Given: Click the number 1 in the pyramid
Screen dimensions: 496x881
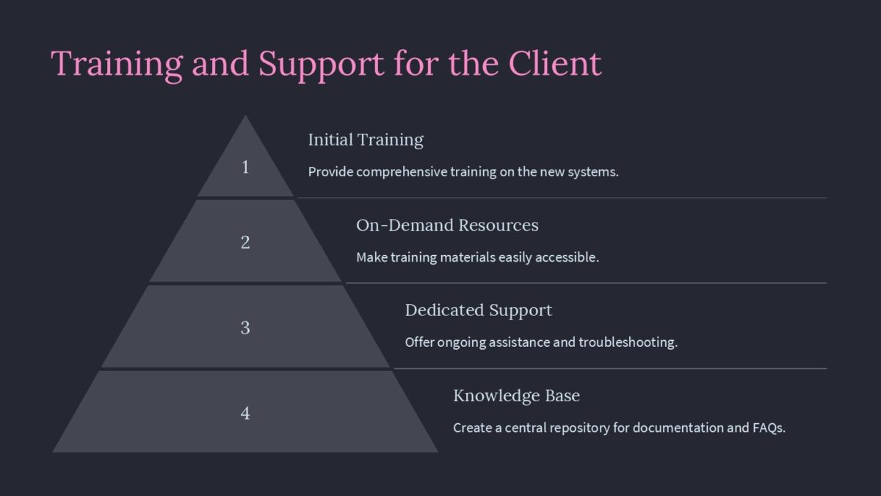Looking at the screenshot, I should (245, 168).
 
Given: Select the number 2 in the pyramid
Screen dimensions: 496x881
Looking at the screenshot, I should (245, 242).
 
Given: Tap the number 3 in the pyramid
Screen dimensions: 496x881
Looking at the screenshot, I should (245, 328).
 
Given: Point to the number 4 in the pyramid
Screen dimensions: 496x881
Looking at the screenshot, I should (245, 413).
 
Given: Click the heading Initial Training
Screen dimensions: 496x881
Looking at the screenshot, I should (366, 140).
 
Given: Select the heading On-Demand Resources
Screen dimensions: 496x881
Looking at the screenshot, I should (447, 225).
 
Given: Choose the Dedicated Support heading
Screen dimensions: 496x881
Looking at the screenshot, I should (478, 310).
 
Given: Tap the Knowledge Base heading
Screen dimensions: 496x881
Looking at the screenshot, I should (516, 395).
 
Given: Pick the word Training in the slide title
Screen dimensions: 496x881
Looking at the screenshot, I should (117, 64).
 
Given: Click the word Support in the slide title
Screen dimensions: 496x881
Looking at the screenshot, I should (321, 64).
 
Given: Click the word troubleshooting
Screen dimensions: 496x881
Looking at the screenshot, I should (627, 342).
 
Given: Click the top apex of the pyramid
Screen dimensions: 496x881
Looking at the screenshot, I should (245, 118).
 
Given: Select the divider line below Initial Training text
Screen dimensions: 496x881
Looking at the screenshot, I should (561, 198).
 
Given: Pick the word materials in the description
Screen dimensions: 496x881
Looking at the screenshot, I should (464, 257).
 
